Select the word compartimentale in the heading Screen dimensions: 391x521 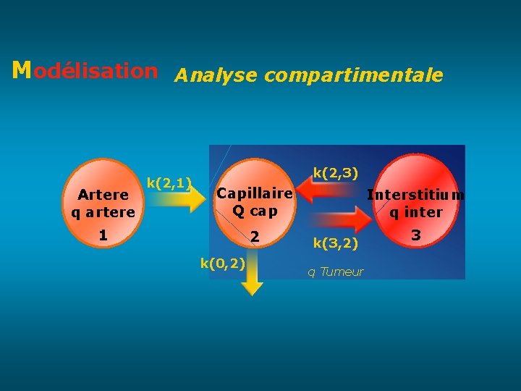pyautogui.click(x=354, y=75)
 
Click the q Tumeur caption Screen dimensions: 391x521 pyautogui.click(x=336, y=272)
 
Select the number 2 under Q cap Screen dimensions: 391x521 pyautogui.click(x=254, y=237)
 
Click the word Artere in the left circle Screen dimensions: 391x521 pyautogui.click(x=103, y=195)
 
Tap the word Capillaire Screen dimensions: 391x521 pyautogui.click(x=255, y=193)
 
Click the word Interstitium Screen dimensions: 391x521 pyautogui.click(x=416, y=195)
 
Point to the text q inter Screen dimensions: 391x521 pyautogui.click(x=416, y=212)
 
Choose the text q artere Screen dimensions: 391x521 pyautogui.click(x=103, y=212)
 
